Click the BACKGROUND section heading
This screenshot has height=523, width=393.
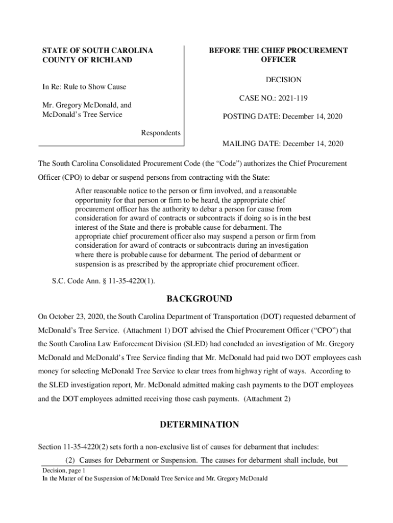tap(198, 299)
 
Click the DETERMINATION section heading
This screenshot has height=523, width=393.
tap(199, 424)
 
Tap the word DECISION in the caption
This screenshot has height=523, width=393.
tap(283, 80)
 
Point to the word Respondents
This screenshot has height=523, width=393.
tap(160, 133)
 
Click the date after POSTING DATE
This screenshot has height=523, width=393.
tap(311, 117)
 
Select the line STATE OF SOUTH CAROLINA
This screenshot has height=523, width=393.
tap(97, 51)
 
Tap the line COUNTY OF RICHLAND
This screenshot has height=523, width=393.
tap(87, 60)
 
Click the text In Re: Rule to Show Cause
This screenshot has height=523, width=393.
tap(84, 87)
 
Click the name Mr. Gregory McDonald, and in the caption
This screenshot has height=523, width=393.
tap(87, 105)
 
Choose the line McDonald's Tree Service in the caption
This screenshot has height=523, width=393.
tap(82, 114)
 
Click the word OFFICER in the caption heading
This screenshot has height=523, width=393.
tap(278, 60)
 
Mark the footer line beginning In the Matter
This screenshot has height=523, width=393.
tap(155, 479)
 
